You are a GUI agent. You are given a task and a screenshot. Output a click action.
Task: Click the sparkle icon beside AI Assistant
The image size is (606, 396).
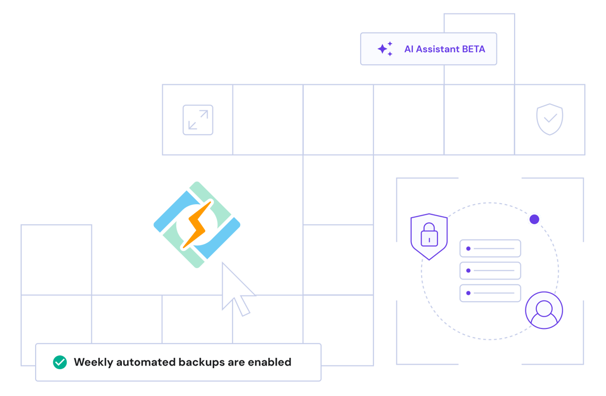tap(385, 49)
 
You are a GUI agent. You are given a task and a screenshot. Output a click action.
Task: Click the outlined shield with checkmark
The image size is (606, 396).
tap(550, 119)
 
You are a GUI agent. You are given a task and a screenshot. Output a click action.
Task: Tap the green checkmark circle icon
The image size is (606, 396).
tap(60, 362)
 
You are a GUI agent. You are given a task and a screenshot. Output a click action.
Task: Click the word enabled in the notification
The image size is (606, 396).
tap(269, 362)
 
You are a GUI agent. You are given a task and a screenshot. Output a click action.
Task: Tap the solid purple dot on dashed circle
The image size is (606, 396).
tap(534, 220)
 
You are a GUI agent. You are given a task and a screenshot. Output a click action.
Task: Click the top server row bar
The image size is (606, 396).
tap(490, 249)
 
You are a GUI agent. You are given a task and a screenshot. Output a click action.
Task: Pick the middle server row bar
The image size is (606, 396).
tap(490, 271)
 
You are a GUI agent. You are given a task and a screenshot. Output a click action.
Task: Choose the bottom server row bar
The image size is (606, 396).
tap(490, 293)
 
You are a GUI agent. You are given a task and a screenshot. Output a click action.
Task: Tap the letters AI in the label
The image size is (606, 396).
tap(409, 49)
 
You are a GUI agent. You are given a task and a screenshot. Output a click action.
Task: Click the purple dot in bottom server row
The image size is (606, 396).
tap(468, 293)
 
